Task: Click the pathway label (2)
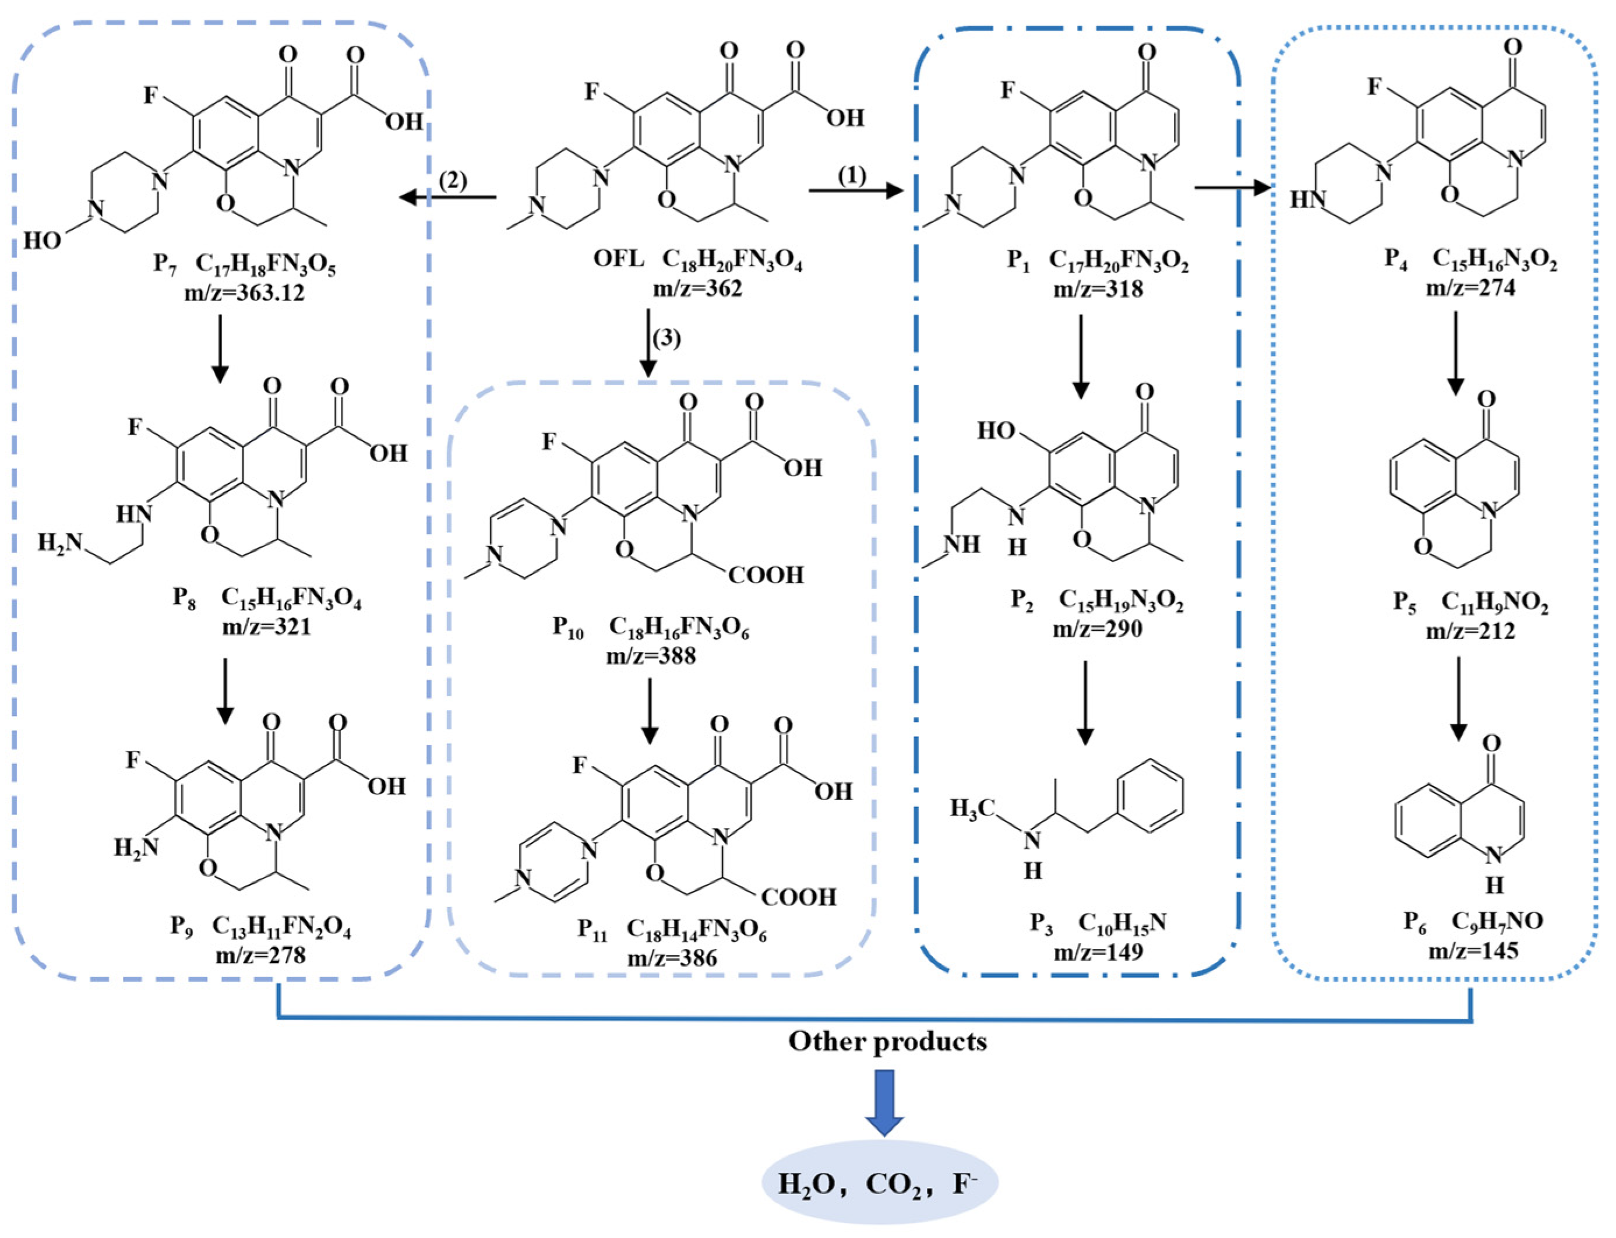[x=453, y=181]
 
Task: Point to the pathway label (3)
[x=667, y=339]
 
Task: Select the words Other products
[x=887, y=1041]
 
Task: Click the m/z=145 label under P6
[x=1473, y=951]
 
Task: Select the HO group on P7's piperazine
[x=42, y=240]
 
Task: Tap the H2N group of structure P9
[x=136, y=848]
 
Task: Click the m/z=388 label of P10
[x=651, y=655]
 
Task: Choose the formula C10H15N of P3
[x=1122, y=923]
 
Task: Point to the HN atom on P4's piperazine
[x=1307, y=199]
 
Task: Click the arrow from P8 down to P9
[x=225, y=689]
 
